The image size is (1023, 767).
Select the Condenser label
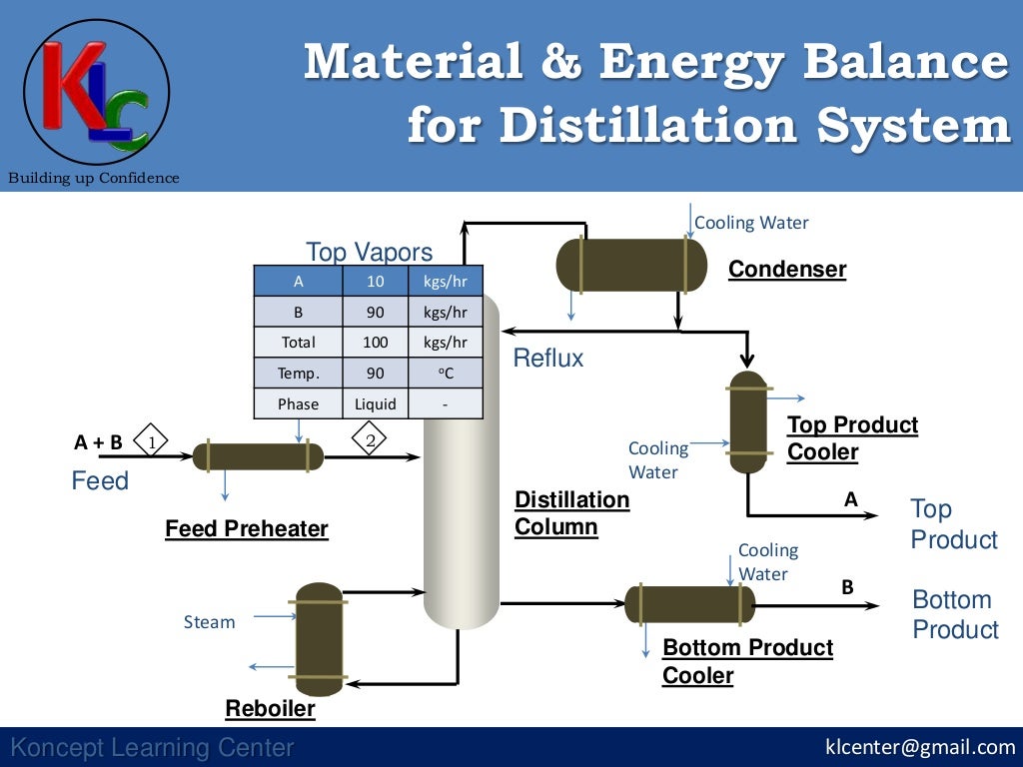[x=786, y=269]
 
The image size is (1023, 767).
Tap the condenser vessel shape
[x=630, y=265]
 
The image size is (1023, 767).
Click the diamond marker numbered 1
[x=151, y=440]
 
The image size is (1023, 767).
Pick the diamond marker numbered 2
[x=369, y=440]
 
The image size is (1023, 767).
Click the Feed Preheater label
[x=246, y=528]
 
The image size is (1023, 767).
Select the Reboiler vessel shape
[x=319, y=639]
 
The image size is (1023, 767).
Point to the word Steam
[x=209, y=622]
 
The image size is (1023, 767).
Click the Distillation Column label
[x=571, y=512]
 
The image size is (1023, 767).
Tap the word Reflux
[x=547, y=359]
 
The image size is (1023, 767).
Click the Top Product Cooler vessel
[x=748, y=421]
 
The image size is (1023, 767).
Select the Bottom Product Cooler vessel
[x=689, y=604]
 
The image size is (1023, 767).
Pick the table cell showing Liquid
[x=376, y=404]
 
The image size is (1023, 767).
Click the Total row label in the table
[x=298, y=343]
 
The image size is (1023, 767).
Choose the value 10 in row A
[x=375, y=282]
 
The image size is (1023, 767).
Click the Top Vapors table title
[x=369, y=252]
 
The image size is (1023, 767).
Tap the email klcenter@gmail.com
[x=919, y=747]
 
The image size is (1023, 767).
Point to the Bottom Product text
[x=955, y=614]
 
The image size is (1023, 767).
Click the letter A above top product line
[x=851, y=499]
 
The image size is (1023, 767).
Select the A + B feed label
[x=98, y=442]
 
